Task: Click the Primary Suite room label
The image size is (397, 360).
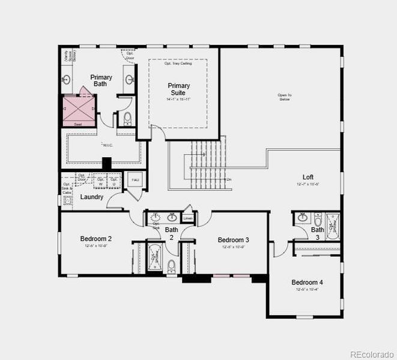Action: [178, 89]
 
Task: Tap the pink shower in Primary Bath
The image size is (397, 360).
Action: [78, 109]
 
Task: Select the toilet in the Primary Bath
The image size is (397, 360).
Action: [126, 119]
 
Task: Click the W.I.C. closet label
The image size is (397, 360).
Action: [108, 145]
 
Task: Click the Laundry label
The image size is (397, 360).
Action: [91, 197]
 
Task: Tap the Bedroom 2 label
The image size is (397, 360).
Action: [96, 239]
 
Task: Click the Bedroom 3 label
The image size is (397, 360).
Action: [234, 240]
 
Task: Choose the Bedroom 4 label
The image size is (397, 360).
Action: [307, 283]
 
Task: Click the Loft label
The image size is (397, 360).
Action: [308, 177]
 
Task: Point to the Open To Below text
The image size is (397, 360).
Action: [285, 97]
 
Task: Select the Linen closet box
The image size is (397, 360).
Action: [188, 218]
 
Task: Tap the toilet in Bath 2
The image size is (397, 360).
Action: [172, 266]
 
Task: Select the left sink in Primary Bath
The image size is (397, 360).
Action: [67, 80]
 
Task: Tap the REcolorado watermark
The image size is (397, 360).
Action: [372, 353]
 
